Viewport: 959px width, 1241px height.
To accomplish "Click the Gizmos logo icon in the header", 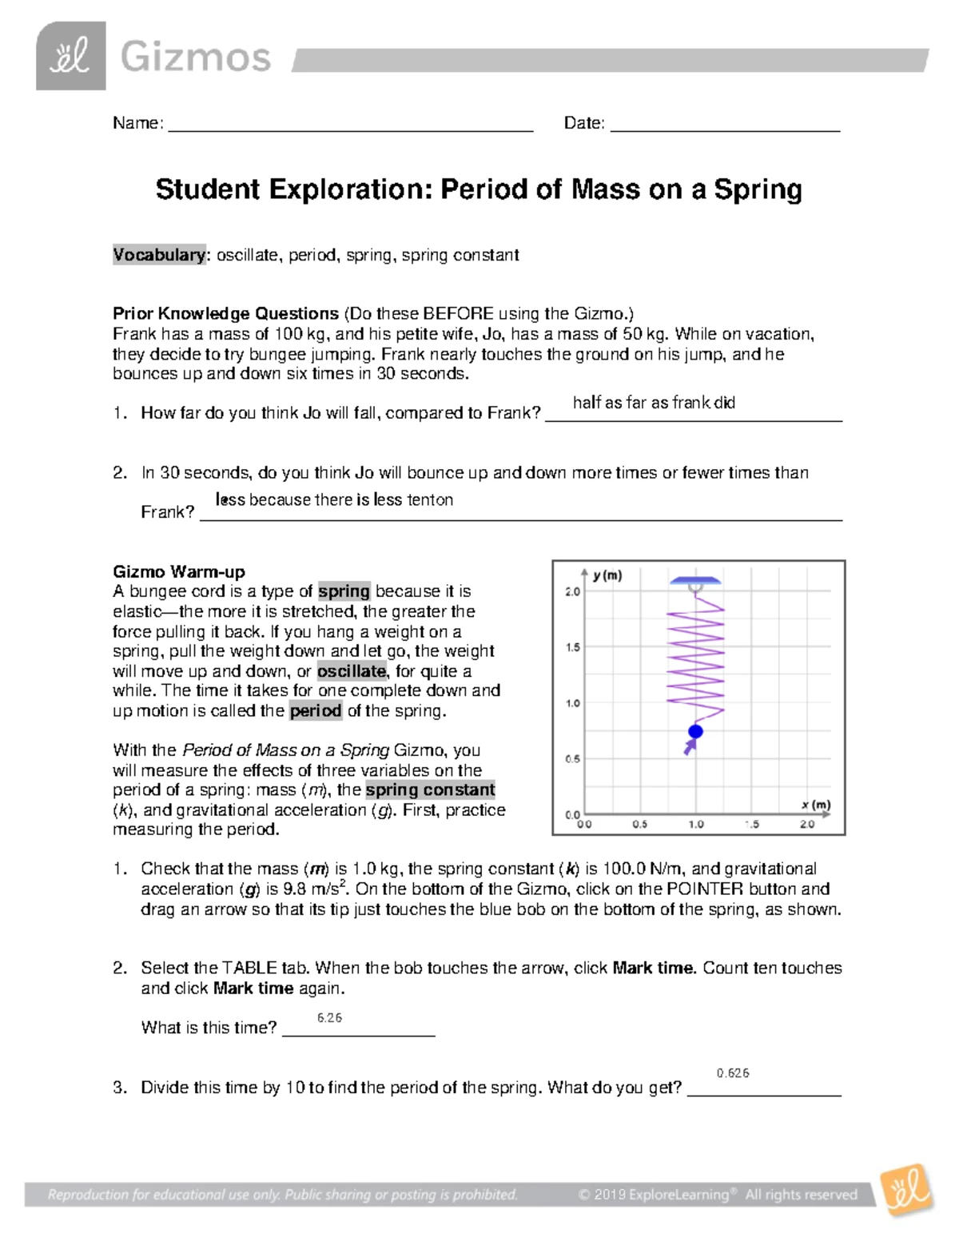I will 70,56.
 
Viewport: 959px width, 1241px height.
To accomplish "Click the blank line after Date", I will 725,125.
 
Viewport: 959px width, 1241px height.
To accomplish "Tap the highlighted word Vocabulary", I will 159,255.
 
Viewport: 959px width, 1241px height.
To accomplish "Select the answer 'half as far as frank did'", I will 654,403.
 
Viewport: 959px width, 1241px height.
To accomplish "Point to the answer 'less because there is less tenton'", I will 334,499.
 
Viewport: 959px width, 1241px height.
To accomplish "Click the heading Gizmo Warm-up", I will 179,571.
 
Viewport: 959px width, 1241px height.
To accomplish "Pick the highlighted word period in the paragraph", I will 316,710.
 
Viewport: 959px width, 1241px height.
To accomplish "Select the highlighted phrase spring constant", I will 430,790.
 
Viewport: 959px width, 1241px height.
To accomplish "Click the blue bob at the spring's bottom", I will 695,731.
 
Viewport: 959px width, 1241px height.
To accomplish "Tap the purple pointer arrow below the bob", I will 688,747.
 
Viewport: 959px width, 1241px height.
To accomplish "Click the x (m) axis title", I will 816,805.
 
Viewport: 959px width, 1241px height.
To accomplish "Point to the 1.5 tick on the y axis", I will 573,647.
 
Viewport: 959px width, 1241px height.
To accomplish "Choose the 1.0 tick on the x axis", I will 695,824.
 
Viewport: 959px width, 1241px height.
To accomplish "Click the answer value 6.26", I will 329,1017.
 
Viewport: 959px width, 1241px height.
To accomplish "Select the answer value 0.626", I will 733,1073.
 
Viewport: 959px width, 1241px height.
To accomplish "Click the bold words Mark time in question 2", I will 653,968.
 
